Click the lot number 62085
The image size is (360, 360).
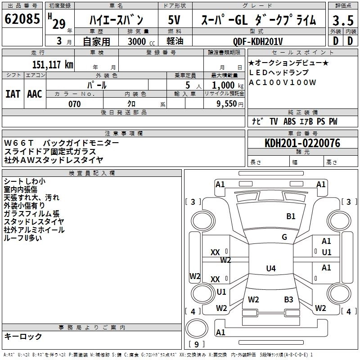(x=22, y=19)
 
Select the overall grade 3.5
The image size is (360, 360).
(x=343, y=20)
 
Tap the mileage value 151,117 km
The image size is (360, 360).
(x=53, y=65)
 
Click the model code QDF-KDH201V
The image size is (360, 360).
(x=258, y=41)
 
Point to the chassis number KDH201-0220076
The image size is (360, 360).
(x=302, y=143)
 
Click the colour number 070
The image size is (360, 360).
(x=75, y=104)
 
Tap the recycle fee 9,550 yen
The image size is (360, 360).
(x=230, y=104)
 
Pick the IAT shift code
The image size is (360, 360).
(x=13, y=94)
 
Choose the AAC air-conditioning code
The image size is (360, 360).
(x=35, y=94)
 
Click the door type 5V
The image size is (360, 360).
(x=174, y=20)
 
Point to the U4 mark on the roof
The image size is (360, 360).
(x=271, y=268)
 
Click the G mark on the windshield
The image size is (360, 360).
(x=284, y=237)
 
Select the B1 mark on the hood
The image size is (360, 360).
(x=291, y=216)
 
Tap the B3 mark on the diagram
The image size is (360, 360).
(x=288, y=299)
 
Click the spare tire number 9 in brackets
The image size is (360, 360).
(x=197, y=344)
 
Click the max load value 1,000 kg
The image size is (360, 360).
(x=227, y=85)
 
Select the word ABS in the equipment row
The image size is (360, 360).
(x=289, y=121)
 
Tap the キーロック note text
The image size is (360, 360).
(x=23, y=336)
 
